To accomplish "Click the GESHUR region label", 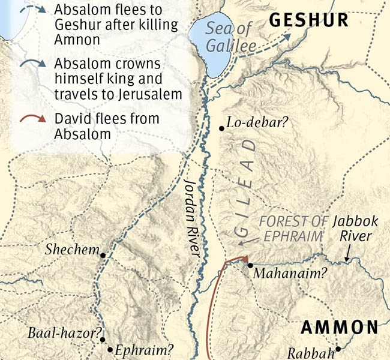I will (x=308, y=20).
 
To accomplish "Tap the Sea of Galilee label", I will (x=231, y=37).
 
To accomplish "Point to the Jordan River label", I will (x=191, y=218).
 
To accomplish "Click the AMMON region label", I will (x=339, y=328).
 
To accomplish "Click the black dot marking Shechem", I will (x=103, y=255).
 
